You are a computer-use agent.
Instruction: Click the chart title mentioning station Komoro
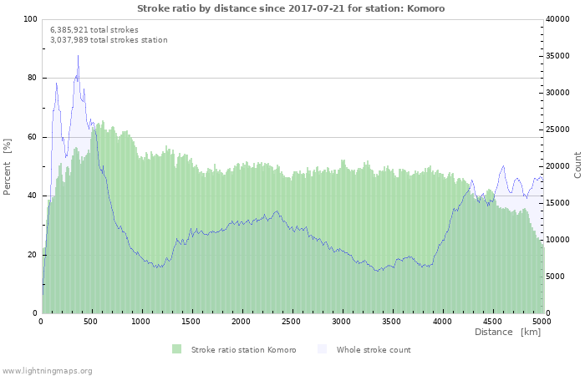click(x=291, y=8)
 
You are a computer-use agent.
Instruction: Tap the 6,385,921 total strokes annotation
click(x=94, y=29)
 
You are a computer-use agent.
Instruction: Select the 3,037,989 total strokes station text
click(x=109, y=39)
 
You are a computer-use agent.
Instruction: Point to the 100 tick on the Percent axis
click(x=30, y=19)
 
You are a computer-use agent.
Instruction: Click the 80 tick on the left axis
click(x=33, y=78)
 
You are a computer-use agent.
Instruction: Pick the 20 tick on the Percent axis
click(x=33, y=254)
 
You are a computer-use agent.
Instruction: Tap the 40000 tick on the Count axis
click(x=560, y=19)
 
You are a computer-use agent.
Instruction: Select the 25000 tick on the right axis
click(x=560, y=130)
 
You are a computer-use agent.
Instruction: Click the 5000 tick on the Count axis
click(x=557, y=276)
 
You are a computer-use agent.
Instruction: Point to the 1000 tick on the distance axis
click(x=141, y=321)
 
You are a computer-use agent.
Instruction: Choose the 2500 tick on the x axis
click(x=292, y=321)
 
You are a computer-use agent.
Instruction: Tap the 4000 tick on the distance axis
click(x=441, y=321)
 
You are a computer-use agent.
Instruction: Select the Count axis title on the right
click(x=577, y=165)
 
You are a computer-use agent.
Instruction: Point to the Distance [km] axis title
click(x=507, y=333)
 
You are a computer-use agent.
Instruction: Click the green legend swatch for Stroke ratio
click(x=176, y=349)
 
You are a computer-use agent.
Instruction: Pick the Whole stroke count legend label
click(x=374, y=349)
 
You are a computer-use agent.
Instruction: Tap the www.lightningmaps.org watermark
click(x=47, y=370)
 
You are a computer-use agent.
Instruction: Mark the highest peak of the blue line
click(x=79, y=56)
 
